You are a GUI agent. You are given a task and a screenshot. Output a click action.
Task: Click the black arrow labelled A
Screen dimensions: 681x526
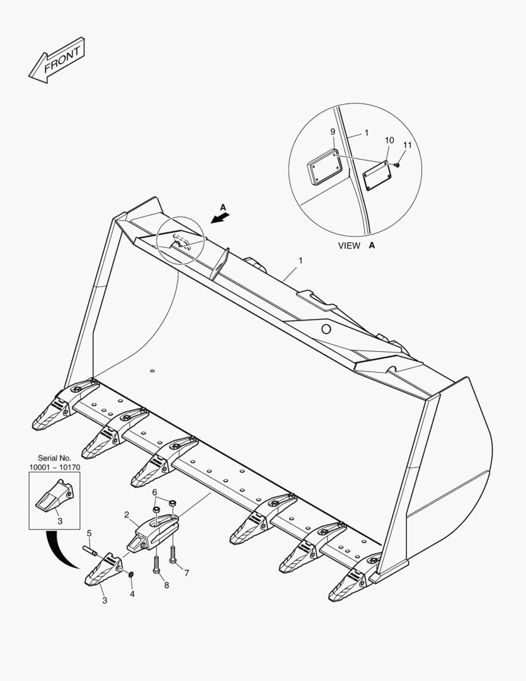click(220, 218)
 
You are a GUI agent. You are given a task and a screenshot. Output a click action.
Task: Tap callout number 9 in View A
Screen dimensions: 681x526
click(332, 132)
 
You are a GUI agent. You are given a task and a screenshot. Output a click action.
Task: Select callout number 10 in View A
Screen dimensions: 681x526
click(389, 140)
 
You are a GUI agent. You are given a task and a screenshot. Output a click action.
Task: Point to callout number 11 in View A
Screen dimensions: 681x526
click(407, 145)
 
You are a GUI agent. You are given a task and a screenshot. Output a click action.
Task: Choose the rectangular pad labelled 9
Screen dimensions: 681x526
click(325, 168)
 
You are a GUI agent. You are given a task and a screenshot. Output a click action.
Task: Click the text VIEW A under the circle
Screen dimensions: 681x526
click(356, 246)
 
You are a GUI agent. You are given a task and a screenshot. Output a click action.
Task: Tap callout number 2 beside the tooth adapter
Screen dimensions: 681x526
click(127, 515)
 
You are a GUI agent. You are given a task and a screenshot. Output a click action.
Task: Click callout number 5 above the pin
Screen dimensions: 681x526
click(89, 533)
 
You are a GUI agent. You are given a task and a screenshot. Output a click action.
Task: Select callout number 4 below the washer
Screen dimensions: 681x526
click(132, 593)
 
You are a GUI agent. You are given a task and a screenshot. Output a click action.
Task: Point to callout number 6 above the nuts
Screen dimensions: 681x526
click(155, 492)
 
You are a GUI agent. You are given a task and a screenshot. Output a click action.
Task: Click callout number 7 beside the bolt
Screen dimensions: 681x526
click(186, 573)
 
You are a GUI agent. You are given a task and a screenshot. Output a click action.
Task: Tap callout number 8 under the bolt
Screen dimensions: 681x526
click(166, 585)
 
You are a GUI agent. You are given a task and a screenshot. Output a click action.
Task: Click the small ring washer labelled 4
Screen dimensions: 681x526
click(130, 575)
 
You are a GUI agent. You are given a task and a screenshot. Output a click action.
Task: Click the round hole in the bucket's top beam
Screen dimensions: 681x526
click(326, 329)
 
